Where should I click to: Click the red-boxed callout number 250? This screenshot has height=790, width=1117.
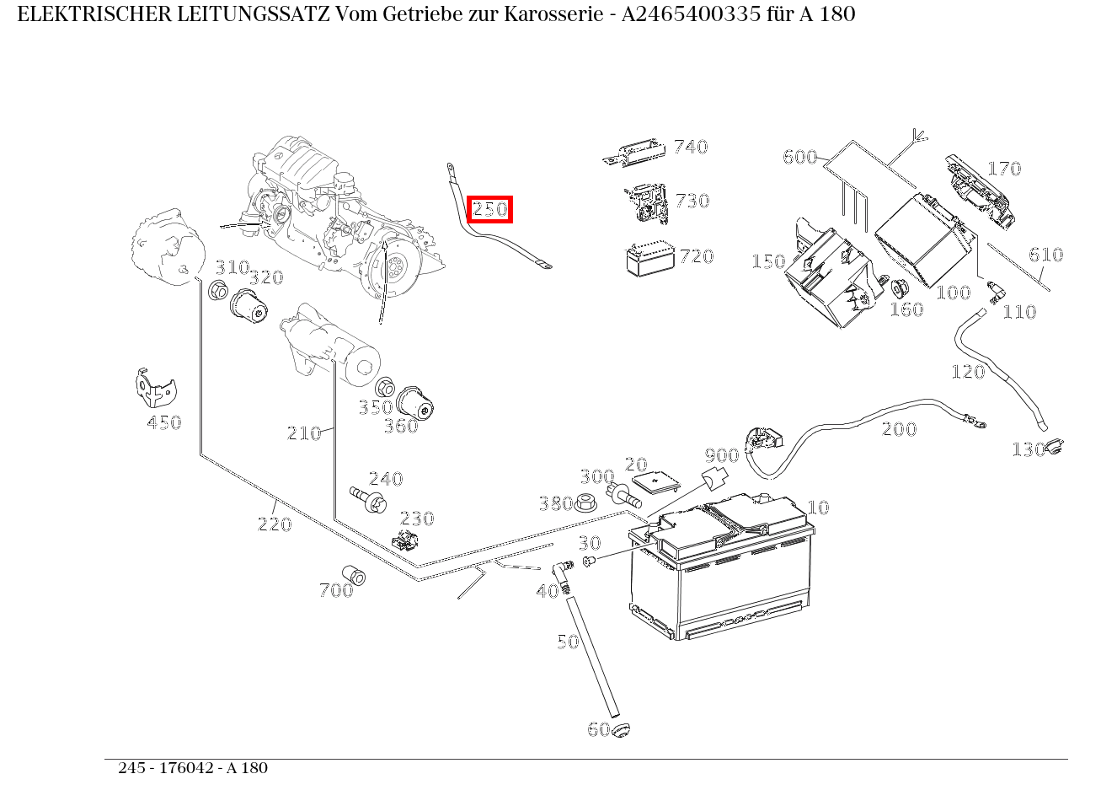coord(490,209)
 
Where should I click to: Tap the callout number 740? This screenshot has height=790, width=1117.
coord(690,147)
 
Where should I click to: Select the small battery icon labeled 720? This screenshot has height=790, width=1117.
coord(649,259)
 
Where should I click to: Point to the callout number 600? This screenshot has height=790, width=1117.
coord(799,157)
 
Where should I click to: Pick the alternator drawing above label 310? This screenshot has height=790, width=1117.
coord(168,250)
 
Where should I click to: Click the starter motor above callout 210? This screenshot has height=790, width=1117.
coord(329,346)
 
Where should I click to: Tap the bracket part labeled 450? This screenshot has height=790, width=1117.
coord(155,387)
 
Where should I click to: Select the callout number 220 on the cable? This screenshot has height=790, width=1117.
coord(274,524)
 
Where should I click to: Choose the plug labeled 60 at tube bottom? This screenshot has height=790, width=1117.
coord(622,729)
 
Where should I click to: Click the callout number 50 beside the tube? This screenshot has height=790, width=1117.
coord(568,642)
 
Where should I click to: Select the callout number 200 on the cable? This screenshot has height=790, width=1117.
coord(899,429)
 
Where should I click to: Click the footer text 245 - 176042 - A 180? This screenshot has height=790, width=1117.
coord(193,768)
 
